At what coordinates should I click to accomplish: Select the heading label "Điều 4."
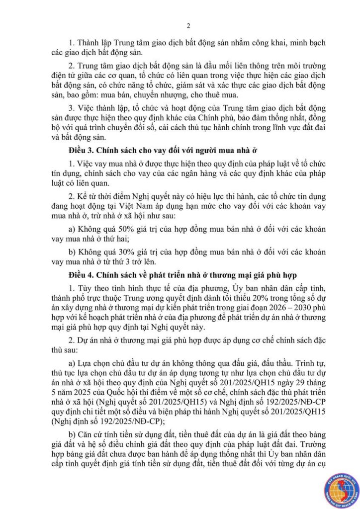[x=78, y=275]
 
